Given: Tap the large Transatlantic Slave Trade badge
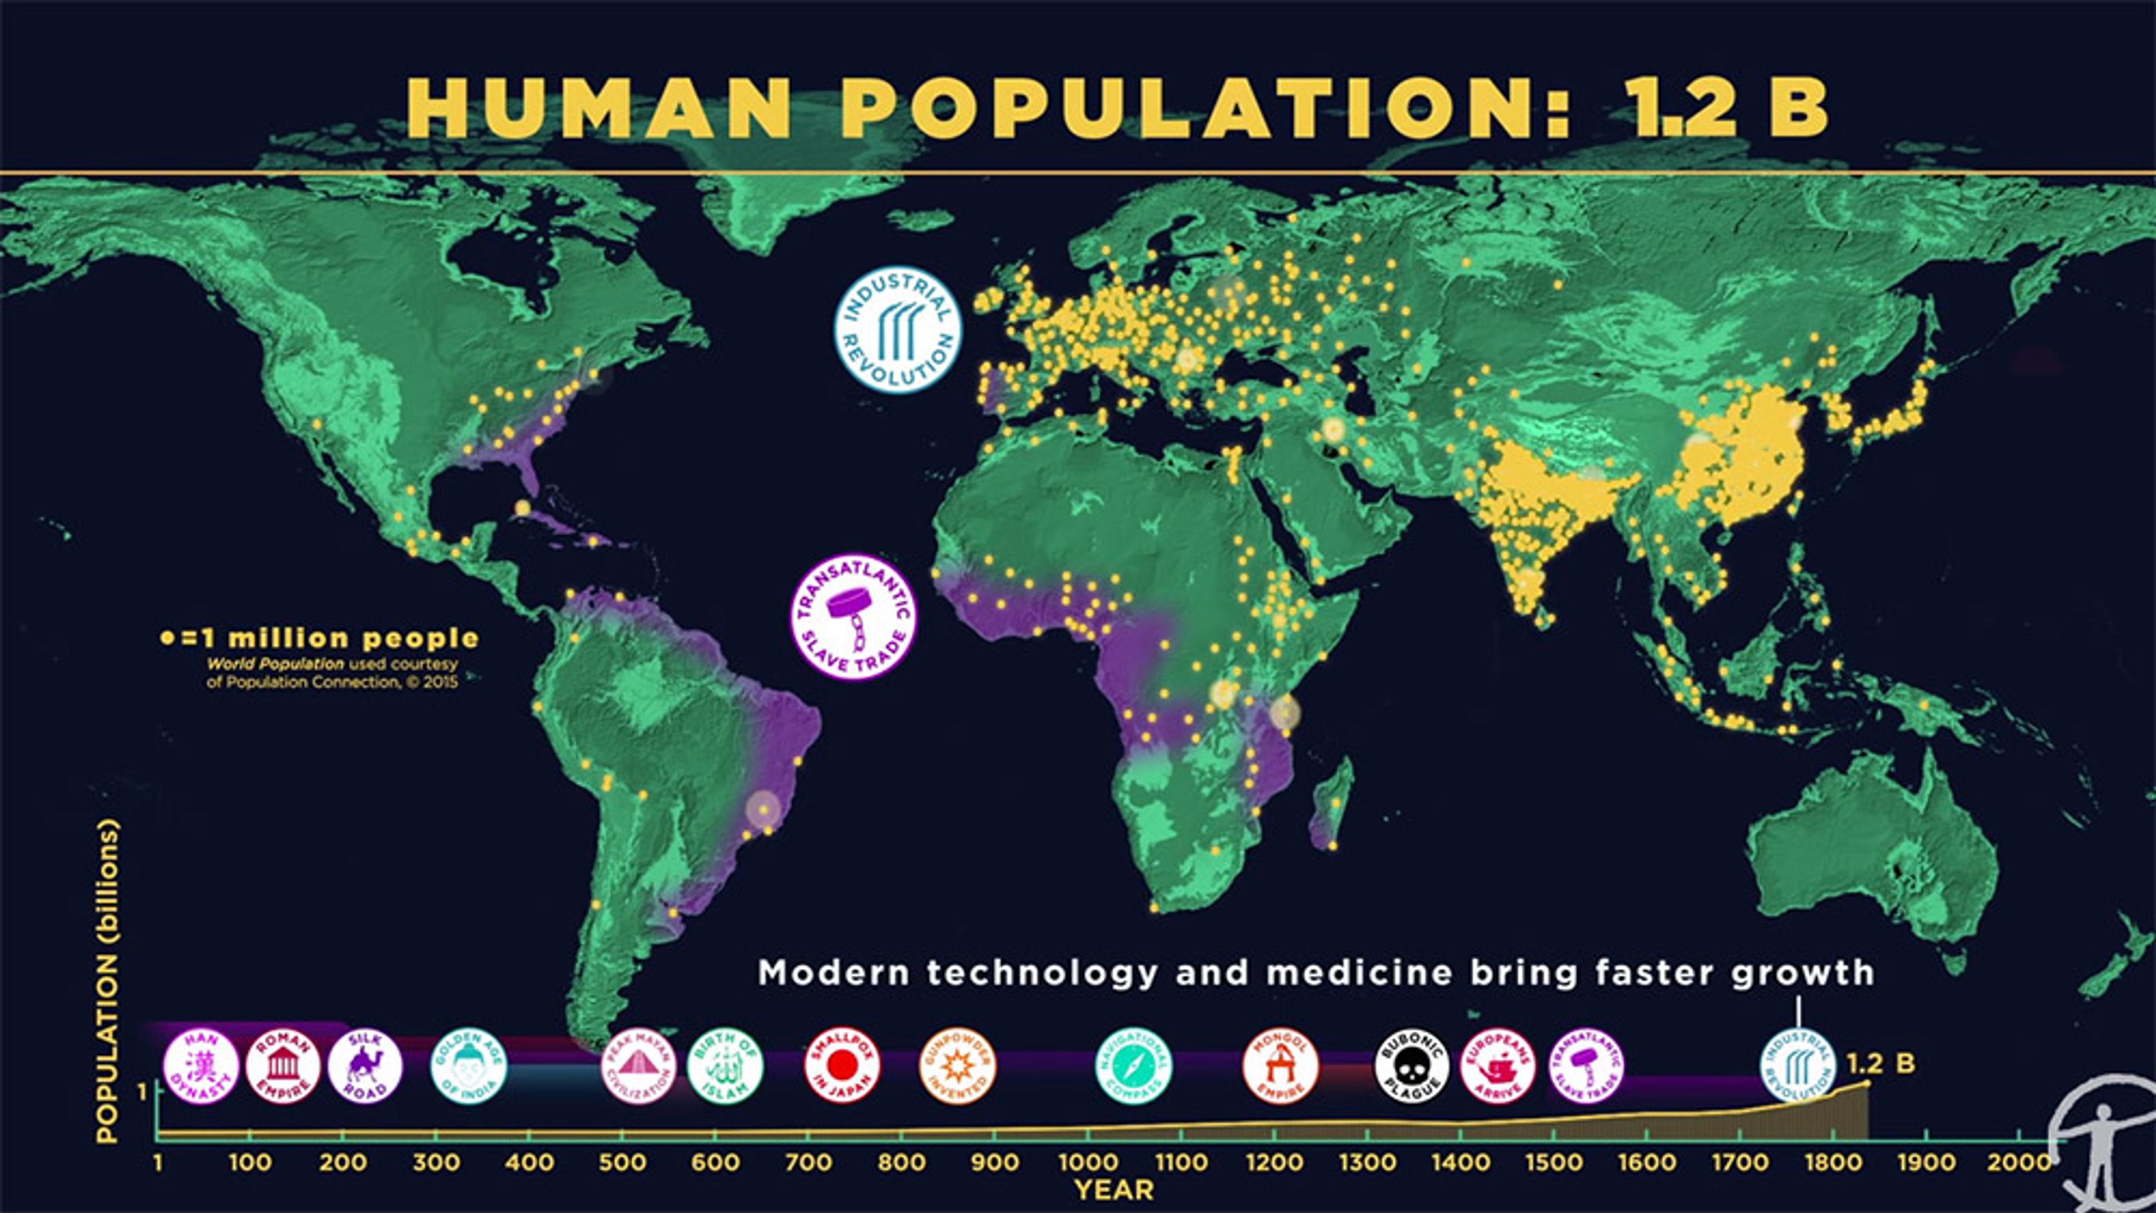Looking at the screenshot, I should click(853, 617).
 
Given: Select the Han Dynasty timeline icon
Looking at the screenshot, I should click(201, 1067).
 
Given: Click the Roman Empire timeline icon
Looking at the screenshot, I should click(283, 1067).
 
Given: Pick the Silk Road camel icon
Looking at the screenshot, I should click(365, 1067).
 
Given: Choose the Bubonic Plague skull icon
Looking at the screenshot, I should click(1412, 1067).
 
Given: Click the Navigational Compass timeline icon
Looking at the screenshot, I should click(1134, 1067).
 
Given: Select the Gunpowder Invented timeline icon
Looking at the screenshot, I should click(957, 1067).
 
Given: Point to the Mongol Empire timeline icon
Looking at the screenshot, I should click(1281, 1067).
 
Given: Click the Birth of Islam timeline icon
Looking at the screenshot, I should click(725, 1067).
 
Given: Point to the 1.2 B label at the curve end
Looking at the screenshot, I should click(1880, 1064).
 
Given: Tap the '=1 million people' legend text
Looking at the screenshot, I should click(328, 638).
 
